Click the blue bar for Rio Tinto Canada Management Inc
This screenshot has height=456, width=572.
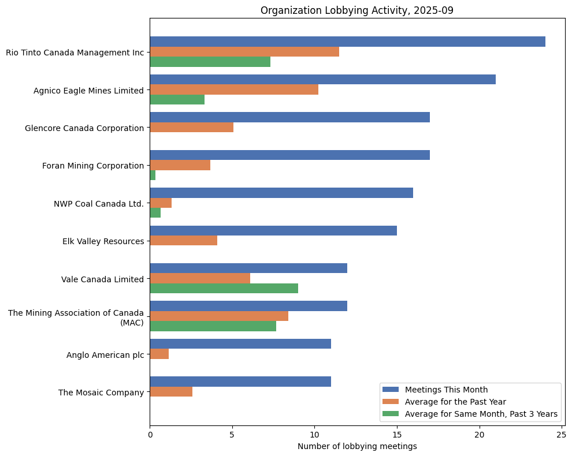(347, 42)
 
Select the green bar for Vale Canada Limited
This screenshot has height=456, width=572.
(224, 288)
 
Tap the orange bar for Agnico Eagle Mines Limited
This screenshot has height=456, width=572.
(234, 89)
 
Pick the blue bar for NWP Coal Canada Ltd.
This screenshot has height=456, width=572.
(281, 193)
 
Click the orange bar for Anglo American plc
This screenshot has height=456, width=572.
(159, 354)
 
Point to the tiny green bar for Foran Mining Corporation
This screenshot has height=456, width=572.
(153, 175)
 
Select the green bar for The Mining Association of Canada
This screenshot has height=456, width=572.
(213, 326)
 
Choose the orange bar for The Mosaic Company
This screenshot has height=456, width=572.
(171, 391)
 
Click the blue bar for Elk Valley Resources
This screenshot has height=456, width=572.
(273, 230)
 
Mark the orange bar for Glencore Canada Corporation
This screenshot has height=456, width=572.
(191, 127)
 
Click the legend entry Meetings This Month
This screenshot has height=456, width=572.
(446, 389)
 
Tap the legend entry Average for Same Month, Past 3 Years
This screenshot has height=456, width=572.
(481, 413)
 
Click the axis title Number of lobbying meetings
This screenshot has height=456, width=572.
(357, 446)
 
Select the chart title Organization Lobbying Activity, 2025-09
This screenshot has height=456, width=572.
(357, 10)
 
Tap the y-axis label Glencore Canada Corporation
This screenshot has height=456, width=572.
(84, 128)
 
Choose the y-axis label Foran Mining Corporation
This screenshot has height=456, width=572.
(93, 166)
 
